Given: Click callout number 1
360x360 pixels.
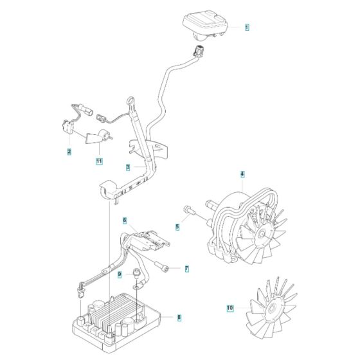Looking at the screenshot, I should (247, 28).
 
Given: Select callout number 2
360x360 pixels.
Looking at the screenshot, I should (69, 152).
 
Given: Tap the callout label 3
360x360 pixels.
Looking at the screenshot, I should (128, 167).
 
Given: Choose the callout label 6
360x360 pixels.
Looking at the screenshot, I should (125, 221).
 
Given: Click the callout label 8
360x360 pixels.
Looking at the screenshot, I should (179, 317).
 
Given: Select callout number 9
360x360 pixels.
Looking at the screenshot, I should (119, 274).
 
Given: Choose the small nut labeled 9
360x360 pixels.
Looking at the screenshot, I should (136, 276).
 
